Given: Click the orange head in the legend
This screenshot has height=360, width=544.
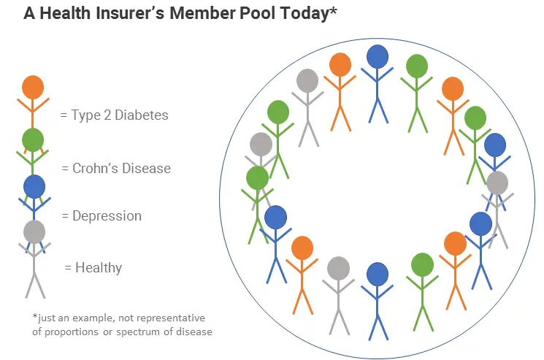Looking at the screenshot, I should pyautogui.click(x=33, y=88).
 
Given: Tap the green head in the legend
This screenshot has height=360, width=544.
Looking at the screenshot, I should pyautogui.click(x=33, y=139).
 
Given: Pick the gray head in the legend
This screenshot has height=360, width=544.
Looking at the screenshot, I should pyautogui.click(x=34, y=232).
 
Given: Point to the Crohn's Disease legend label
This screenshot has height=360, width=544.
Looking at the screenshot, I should pyautogui.click(x=121, y=168).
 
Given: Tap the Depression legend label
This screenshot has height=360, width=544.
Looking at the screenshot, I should pyautogui.click(x=107, y=216).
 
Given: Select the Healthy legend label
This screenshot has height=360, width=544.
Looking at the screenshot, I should pyautogui.click(x=98, y=268).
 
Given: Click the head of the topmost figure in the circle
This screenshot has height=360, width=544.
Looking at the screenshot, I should pyautogui.click(x=377, y=57).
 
